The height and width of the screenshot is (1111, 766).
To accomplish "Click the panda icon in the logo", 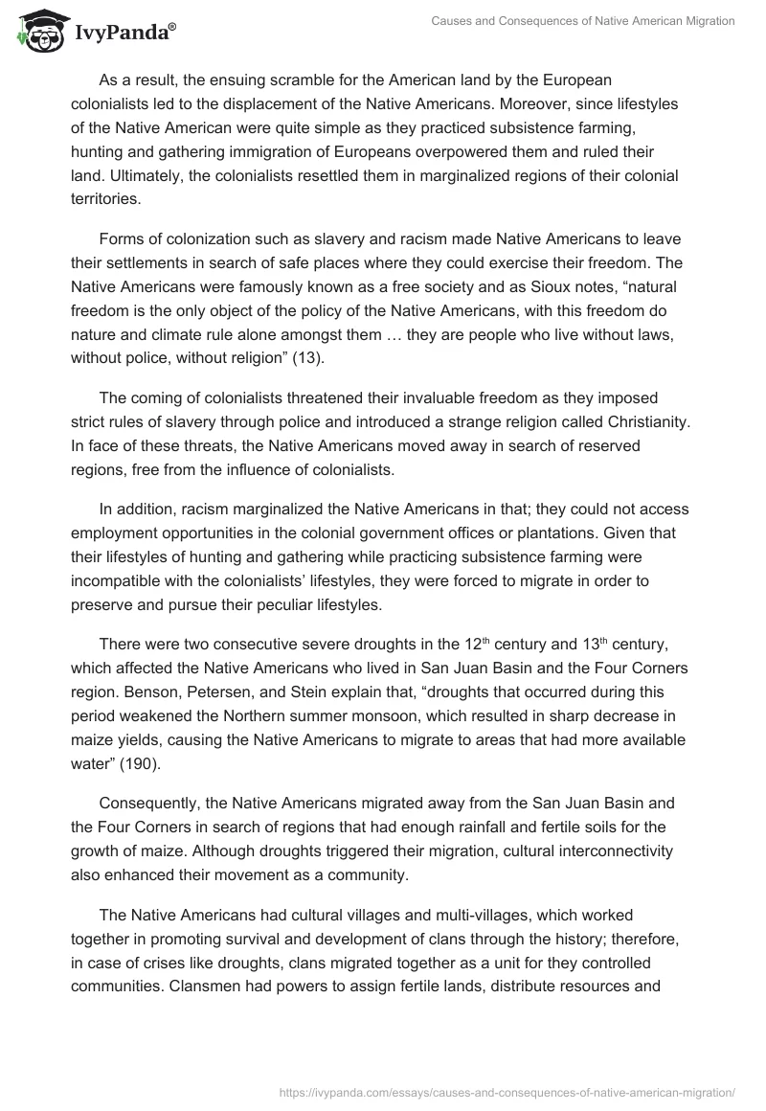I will tap(39, 31).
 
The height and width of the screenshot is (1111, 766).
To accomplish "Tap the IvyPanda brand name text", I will tap(124, 34).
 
